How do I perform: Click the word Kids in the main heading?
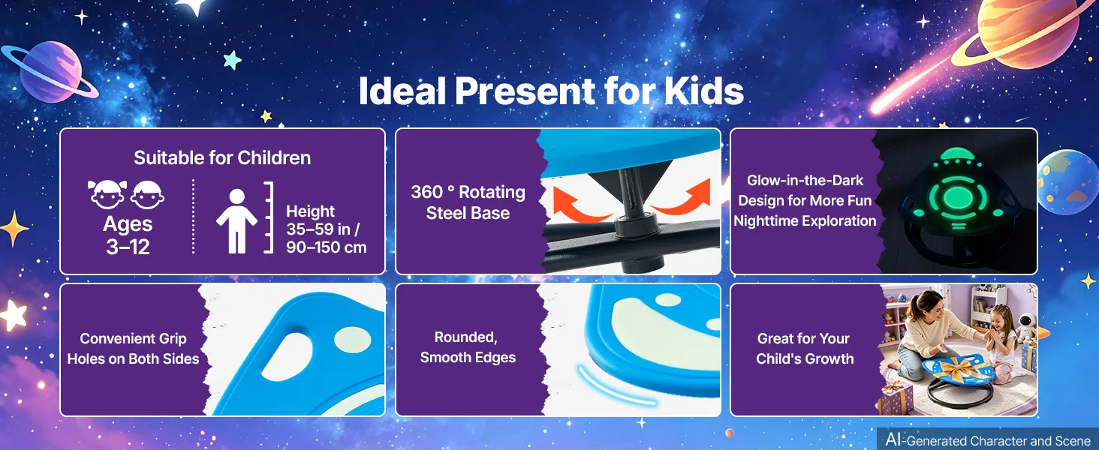point(703,91)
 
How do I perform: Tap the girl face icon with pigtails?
point(107,194)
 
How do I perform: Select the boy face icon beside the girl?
point(148,194)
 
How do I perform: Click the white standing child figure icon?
point(237,221)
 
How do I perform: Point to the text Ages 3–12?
point(128,235)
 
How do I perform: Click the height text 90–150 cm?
point(327,247)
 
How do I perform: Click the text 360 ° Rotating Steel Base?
point(468,202)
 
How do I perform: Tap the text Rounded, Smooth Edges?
point(468,347)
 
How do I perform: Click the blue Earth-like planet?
point(1067,181)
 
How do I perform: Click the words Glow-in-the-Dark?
point(805,181)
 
